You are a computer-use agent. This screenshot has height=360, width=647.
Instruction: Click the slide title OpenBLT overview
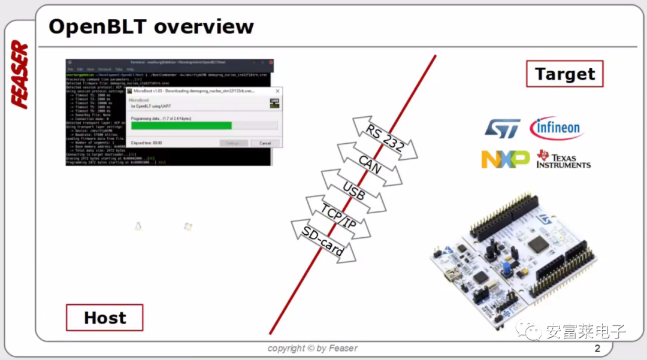pos(151,27)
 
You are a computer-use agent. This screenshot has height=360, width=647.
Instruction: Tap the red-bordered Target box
pos(564,74)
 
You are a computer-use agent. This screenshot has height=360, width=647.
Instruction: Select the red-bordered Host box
pos(105,317)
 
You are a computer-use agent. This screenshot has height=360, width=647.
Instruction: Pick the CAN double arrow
pos(370,164)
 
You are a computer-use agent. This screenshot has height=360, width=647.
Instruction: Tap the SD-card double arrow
pos(323,241)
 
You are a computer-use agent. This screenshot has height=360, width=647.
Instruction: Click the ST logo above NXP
pos(503,128)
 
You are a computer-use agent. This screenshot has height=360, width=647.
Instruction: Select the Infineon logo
pos(557,128)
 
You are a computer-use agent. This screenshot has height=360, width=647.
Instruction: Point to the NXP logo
pos(505,159)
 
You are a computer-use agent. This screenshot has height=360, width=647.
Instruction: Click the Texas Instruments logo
pos(563,159)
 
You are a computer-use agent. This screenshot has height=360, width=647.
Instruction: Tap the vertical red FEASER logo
pos(20,75)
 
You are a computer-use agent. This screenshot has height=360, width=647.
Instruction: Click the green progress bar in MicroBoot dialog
pos(181,126)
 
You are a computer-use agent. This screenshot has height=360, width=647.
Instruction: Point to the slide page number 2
pos(597,349)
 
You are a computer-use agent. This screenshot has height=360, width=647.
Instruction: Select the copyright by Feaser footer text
pos(312,349)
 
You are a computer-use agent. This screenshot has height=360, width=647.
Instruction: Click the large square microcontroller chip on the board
pos(538,242)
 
